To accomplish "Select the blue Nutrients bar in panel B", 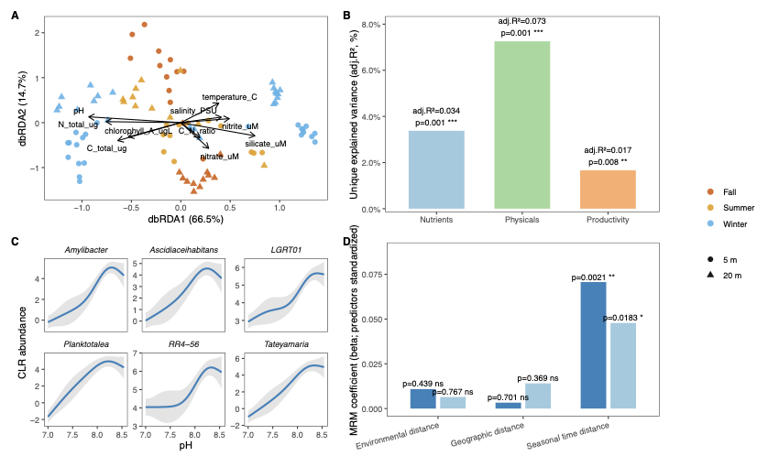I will click(x=436, y=170).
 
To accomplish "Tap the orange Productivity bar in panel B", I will click(x=609, y=190).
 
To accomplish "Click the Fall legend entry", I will click(x=730, y=191).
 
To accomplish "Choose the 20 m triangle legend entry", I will click(x=730, y=274).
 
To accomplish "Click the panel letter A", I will click(x=16, y=16).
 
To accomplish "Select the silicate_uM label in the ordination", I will click(x=265, y=144).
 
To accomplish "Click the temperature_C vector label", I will click(x=230, y=96).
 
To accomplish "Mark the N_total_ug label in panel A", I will click(x=79, y=125).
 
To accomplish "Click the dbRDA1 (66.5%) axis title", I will click(x=185, y=220).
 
